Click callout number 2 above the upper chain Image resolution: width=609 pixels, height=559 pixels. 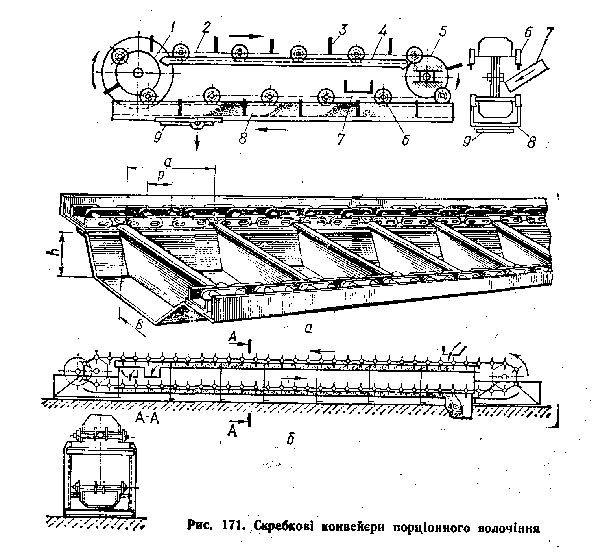207,27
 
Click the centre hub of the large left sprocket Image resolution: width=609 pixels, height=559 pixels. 138,72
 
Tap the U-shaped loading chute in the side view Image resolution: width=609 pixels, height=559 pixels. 358,87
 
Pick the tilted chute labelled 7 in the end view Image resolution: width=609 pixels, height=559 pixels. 528,74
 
